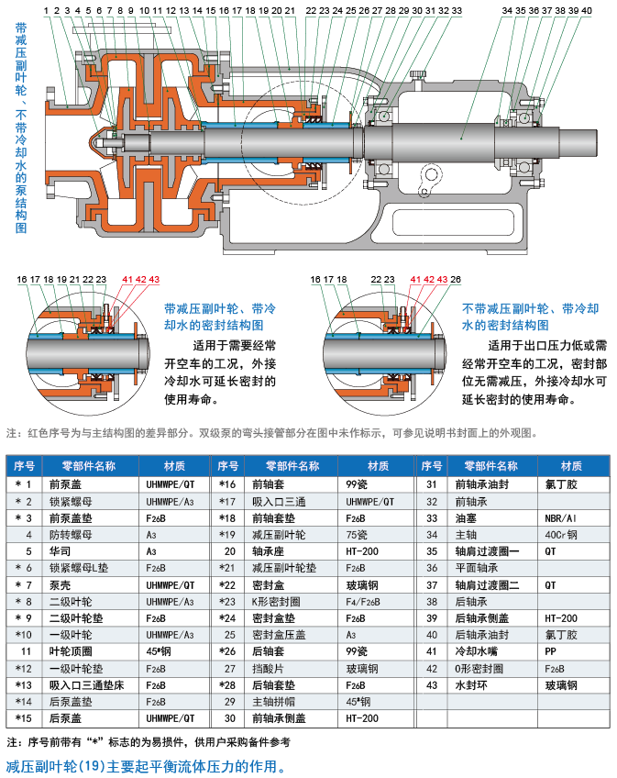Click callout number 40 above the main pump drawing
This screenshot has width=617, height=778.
[x=586, y=10]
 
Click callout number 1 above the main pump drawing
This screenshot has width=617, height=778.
[x=46, y=10]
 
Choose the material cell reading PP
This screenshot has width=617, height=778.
[x=551, y=652]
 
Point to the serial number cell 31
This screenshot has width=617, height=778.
[x=432, y=484]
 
